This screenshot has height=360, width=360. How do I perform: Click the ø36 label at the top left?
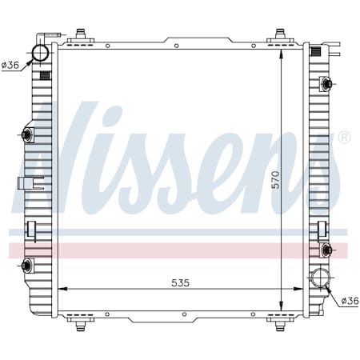pos(10,65)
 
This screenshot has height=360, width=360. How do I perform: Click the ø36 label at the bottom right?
pos(350,301)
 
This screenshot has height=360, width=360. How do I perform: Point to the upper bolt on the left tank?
pos(27,134)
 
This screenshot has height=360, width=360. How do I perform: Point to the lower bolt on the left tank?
pos(27,265)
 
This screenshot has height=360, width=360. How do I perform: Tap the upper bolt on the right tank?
pos(326,83)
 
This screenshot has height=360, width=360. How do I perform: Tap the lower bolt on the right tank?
pos(326,250)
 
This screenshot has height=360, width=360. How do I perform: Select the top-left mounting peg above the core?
pos(80,35)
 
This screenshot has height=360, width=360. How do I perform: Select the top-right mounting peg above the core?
pos(280,35)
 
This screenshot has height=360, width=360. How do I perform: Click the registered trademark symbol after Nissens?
pos(344,138)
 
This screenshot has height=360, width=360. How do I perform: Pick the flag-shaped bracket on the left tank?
pos(25,182)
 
